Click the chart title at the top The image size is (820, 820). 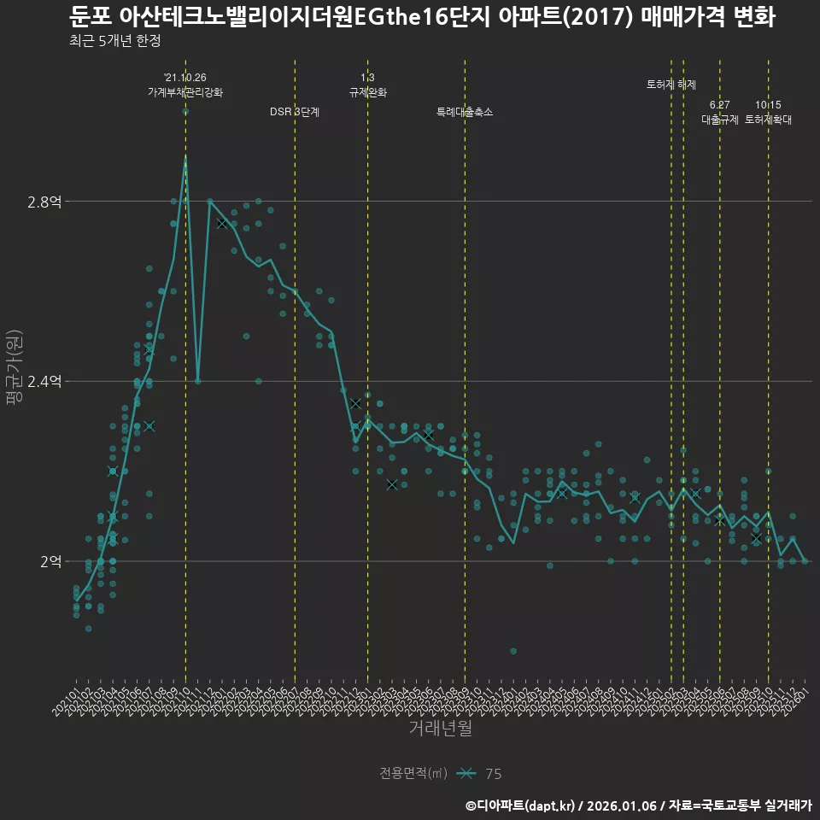(422, 16)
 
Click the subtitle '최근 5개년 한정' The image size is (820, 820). (114, 41)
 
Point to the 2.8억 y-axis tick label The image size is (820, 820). (44, 202)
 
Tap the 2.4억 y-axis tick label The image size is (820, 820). (44, 382)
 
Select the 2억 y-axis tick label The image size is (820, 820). (50, 561)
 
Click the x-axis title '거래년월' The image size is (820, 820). (440, 729)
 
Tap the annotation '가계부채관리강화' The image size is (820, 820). (185, 92)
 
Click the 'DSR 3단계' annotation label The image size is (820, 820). (295, 112)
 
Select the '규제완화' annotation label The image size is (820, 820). (368, 92)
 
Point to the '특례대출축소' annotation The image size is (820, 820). (465, 112)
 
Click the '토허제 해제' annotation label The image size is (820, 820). (671, 85)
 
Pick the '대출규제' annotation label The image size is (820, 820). (719, 120)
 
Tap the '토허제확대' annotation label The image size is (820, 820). (768, 120)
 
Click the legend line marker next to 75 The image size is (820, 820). (466, 774)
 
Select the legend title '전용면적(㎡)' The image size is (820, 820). (413, 774)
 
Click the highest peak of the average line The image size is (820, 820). (185, 157)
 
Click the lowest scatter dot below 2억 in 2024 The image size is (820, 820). (513, 651)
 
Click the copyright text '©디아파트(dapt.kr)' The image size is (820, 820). (520, 805)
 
